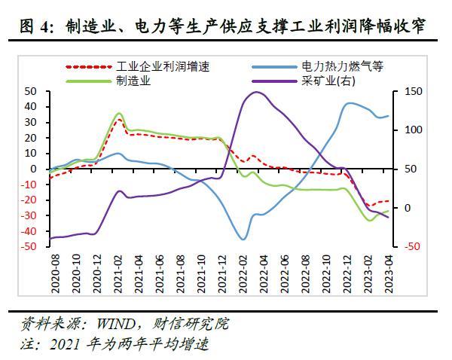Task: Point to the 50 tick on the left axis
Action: pos(31,91)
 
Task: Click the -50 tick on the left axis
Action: pos(29,247)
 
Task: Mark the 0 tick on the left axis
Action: pos(35,169)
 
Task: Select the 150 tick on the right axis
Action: pos(414,91)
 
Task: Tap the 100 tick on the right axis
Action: pos(414,130)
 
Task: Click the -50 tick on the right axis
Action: pos(412,247)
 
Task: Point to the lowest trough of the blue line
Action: pos(243,239)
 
